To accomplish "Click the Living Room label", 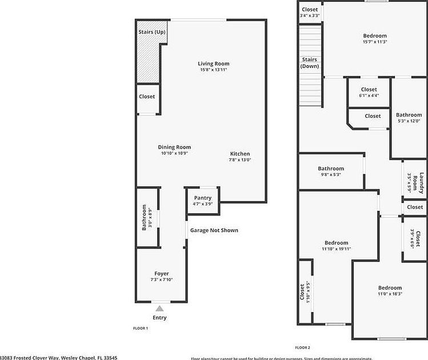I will [214, 63].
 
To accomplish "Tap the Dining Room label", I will [174, 147].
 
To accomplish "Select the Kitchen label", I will [240, 154].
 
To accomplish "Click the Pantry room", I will [203, 201].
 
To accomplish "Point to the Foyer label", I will [162, 274].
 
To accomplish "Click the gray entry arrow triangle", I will [160, 309].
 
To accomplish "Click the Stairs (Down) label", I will [310, 62].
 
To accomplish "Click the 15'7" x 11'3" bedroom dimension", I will [375, 42].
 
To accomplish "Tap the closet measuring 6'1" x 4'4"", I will [369, 93].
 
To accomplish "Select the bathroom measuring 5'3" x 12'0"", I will [409, 118].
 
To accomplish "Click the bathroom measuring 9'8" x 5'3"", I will [331, 171].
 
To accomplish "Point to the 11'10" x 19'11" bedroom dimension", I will [336, 249].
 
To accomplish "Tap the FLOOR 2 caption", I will [302, 347].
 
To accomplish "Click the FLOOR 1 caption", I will [141, 329].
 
